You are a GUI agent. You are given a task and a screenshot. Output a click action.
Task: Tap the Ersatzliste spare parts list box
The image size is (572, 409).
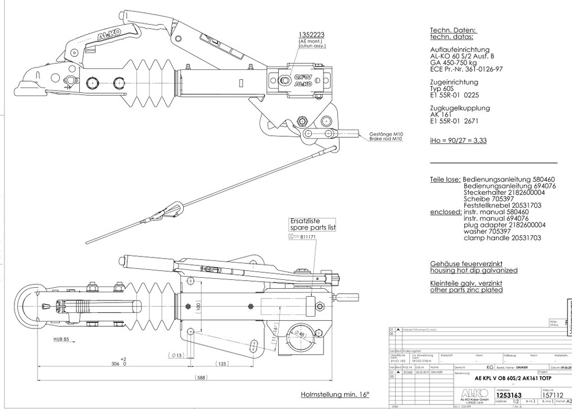[313, 224]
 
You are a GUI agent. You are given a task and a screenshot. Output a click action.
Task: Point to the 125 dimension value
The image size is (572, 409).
[222, 364]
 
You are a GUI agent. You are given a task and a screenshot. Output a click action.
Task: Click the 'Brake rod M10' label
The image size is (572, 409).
[387, 139]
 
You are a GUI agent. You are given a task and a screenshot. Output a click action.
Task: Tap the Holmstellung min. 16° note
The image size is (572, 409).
[335, 394]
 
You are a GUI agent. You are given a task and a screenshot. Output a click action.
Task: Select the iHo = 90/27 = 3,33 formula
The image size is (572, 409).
[457, 140]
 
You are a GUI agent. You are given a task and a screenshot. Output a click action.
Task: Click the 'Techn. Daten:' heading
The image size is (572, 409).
[453, 30]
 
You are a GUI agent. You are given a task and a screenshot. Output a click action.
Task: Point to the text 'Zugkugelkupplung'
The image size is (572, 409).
[460, 108]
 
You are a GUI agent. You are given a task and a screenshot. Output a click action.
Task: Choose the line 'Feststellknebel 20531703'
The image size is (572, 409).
[502, 205]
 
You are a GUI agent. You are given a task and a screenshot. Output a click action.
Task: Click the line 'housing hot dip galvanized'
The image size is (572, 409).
[474, 270]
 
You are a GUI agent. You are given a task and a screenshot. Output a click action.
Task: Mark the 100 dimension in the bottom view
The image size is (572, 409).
[198, 306]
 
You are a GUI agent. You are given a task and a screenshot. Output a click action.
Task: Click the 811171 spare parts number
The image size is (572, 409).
[308, 237]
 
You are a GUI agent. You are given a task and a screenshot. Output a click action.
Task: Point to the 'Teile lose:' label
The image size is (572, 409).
[445, 179]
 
